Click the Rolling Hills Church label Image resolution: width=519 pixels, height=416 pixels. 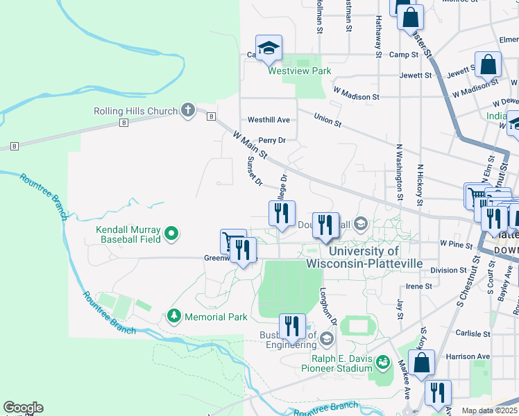(136, 111)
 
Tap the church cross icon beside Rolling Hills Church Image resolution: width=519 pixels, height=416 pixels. (187, 110)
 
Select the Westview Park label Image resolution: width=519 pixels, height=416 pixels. (300, 71)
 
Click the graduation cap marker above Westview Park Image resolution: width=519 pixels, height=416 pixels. (269, 48)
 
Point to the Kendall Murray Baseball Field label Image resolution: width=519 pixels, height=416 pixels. (129, 234)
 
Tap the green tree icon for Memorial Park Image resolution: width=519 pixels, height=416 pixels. (173, 317)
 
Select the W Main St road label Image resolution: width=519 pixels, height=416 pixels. (250, 146)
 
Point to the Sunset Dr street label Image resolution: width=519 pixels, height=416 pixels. (255, 171)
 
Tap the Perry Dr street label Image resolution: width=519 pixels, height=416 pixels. (272, 140)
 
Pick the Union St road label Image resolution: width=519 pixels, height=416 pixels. (327, 120)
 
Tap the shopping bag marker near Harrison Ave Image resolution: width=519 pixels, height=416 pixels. (421, 363)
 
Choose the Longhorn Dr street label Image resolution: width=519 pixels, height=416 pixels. (327, 307)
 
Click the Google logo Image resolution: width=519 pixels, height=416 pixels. (23, 408)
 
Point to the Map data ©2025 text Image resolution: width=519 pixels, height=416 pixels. (489, 410)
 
